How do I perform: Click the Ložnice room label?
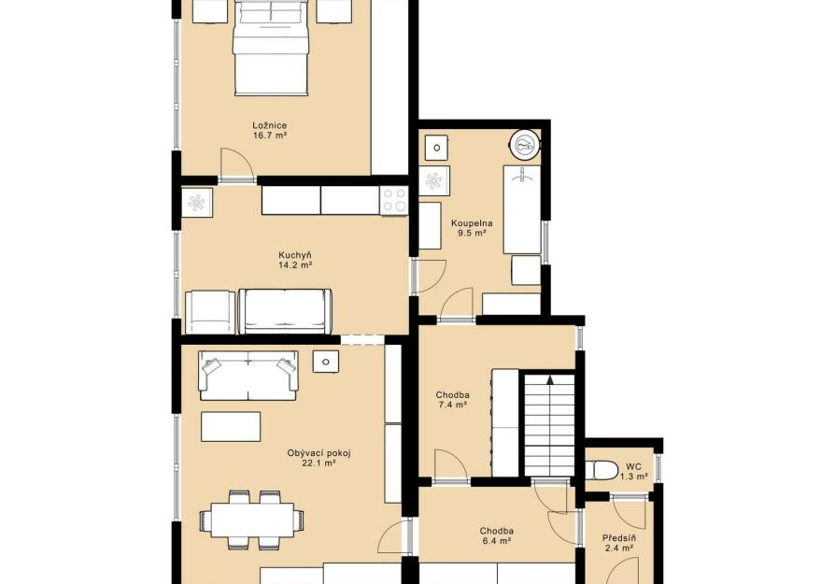pos(270,126)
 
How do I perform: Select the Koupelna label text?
pos(472,223)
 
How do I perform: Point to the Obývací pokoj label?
pos(319,453)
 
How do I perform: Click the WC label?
pos(633,467)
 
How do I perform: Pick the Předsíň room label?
pos(619,538)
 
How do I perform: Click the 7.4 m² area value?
pos(453,405)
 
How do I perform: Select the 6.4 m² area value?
pos(496,541)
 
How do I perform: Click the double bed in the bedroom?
pos(271,48)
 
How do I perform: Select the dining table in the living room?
pos(253,520)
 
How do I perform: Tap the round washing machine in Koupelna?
pos(525,144)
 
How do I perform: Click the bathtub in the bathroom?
pos(522,209)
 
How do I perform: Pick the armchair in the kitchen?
pos(210,312)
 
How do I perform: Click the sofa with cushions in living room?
pos(248,375)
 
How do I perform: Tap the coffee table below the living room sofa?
pos(231,426)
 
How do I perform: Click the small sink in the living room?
pos(326,362)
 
